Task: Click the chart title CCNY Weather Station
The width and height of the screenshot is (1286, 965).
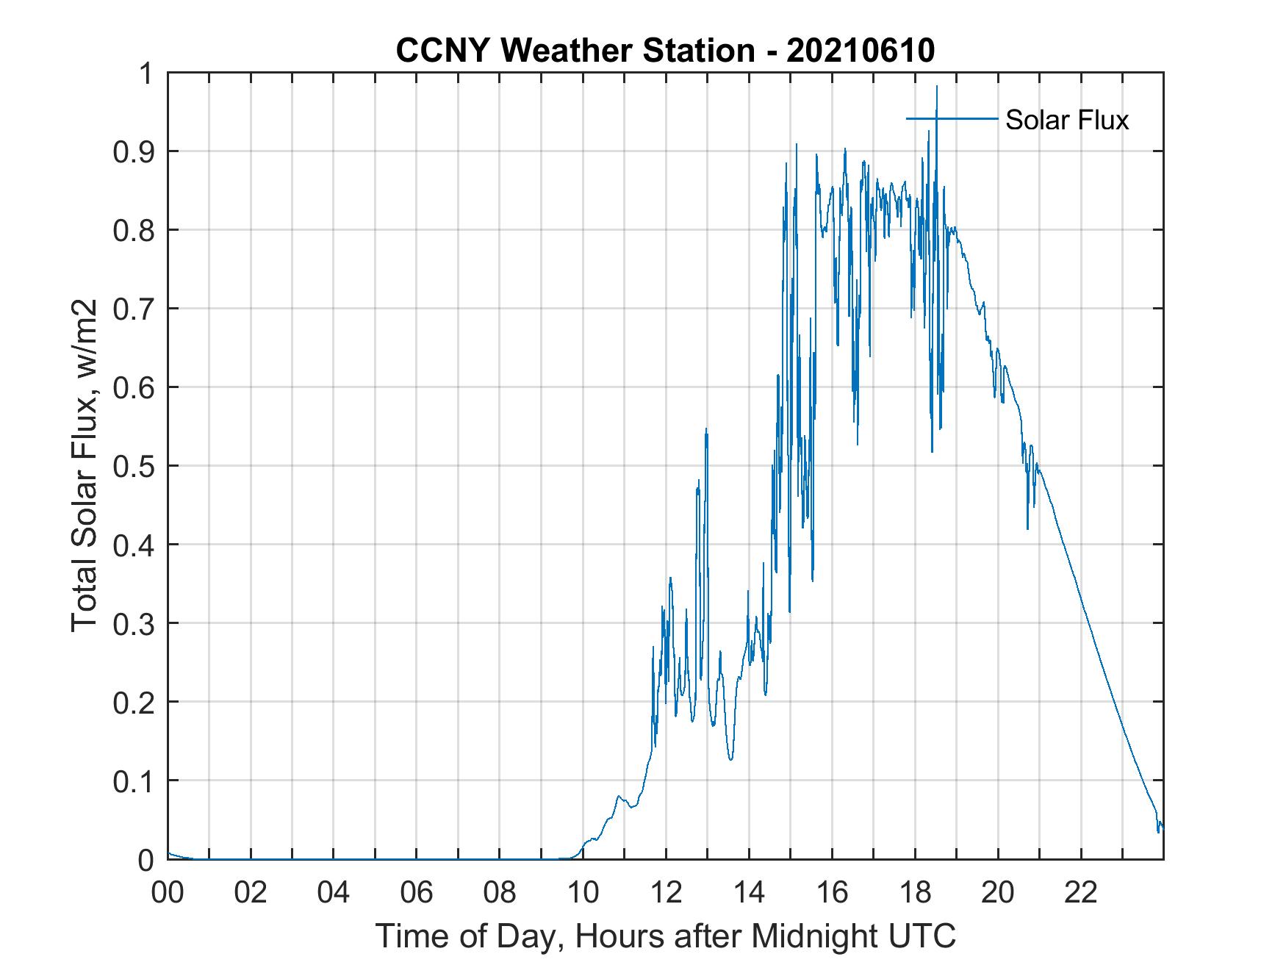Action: point(575,51)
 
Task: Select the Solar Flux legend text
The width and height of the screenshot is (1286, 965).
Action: point(1066,120)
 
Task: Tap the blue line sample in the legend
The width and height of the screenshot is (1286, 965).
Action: point(952,118)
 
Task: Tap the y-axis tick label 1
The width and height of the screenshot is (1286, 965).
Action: point(148,73)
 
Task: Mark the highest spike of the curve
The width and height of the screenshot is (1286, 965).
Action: point(936,87)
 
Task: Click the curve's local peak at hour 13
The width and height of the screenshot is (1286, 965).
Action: point(706,429)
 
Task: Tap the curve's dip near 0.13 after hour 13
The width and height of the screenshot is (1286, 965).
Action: point(730,759)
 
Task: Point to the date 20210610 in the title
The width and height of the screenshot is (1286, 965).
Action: point(860,51)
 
